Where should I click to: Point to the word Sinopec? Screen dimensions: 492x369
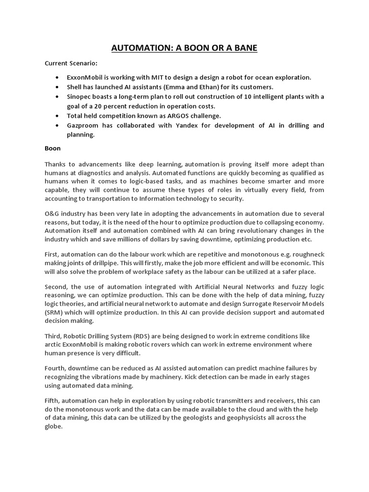tap(80, 97)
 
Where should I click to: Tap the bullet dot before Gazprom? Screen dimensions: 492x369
tap(58, 125)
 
